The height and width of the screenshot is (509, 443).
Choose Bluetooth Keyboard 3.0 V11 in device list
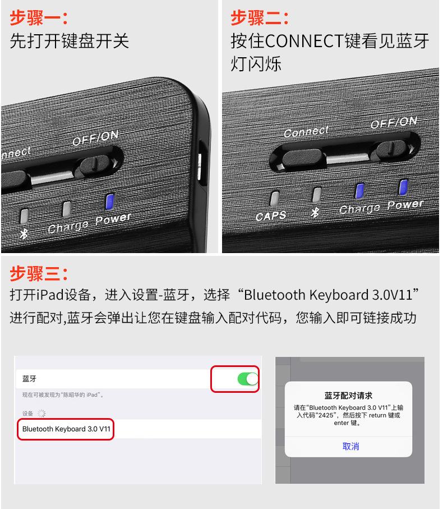(x=66, y=429)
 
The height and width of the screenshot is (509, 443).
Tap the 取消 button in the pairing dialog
(x=350, y=446)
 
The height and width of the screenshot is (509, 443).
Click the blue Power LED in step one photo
(x=110, y=200)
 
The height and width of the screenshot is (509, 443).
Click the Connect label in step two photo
(x=306, y=132)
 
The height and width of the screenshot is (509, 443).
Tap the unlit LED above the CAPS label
(x=274, y=198)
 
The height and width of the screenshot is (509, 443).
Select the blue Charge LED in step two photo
(x=360, y=191)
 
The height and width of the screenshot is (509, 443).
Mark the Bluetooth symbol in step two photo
(x=315, y=213)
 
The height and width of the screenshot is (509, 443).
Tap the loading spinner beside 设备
(x=40, y=413)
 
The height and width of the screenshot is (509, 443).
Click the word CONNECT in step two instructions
(x=303, y=41)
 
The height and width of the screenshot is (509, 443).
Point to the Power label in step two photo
(x=405, y=204)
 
